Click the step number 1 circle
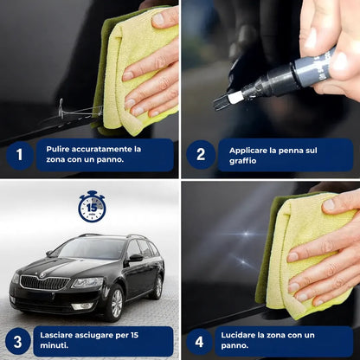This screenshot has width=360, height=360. pos(20,155)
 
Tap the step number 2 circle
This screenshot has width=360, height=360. pos(201,155)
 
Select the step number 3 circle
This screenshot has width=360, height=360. pos(17,341)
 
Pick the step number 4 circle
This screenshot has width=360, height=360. pos(199,342)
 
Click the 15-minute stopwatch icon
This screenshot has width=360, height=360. pos(92,206)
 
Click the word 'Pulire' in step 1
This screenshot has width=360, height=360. pos(58,149)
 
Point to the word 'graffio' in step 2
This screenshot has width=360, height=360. pos(243,161)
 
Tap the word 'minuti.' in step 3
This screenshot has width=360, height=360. pos(55,345)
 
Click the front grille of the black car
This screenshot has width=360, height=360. pos(45,282)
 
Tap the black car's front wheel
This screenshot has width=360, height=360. pos(115,303)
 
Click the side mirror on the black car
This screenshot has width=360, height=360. pos(135,258)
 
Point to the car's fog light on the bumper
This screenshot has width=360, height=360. pos(82,306)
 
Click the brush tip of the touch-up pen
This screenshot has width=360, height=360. pos(222,102)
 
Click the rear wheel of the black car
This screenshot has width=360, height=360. pos(157,287)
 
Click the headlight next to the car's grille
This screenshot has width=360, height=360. pos(87,282)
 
